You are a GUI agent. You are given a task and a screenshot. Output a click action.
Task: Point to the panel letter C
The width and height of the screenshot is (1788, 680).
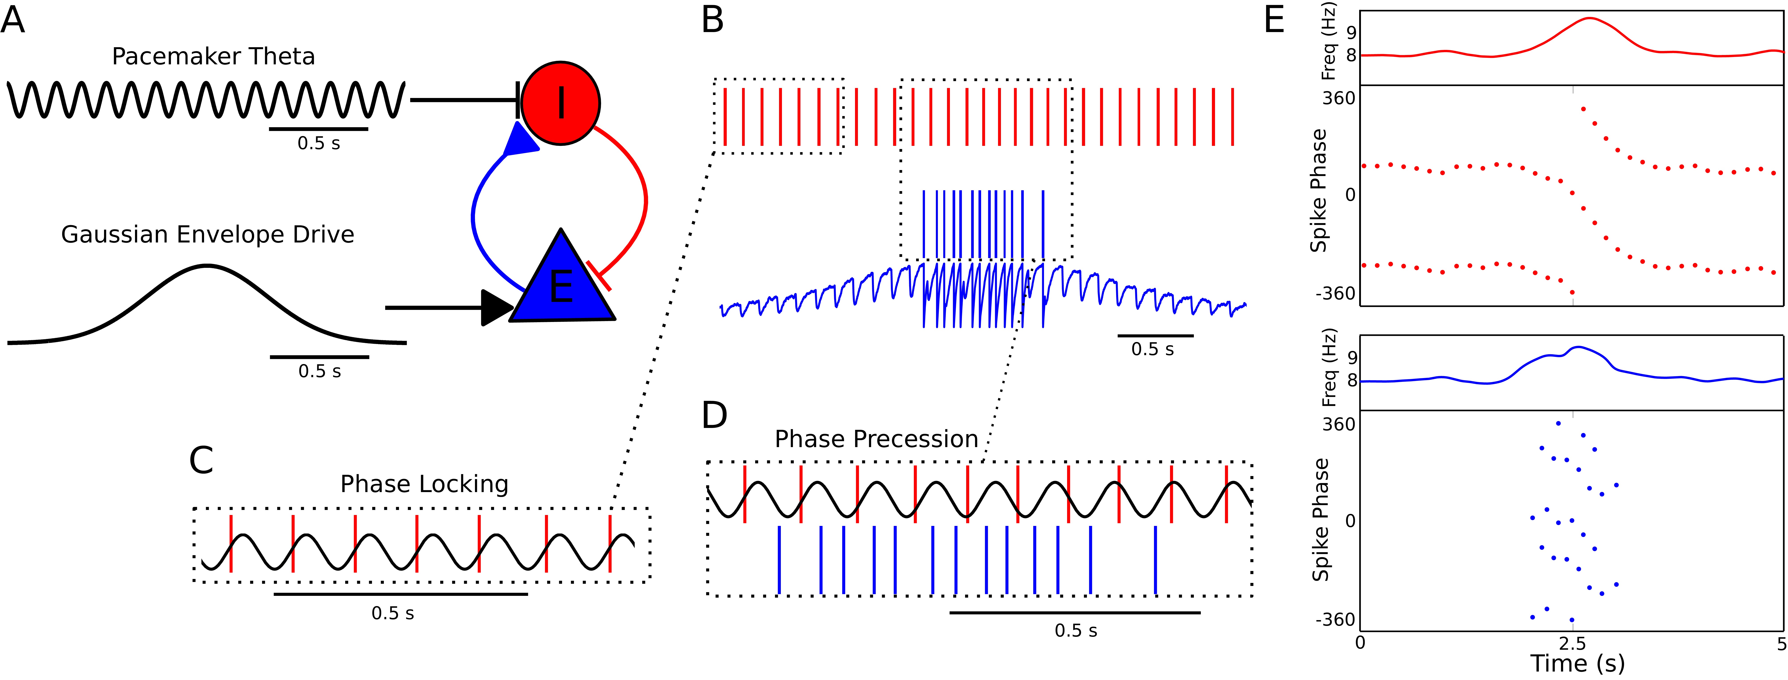tap(201, 460)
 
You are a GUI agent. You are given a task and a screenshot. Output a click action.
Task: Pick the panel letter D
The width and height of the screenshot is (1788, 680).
tap(715, 415)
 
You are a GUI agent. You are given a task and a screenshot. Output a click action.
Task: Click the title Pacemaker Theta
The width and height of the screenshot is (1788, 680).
tap(213, 56)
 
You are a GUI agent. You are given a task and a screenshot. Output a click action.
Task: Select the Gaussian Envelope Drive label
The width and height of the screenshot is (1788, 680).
tap(208, 234)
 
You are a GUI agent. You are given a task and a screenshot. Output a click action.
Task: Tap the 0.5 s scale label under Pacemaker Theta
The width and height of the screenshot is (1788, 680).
tap(319, 144)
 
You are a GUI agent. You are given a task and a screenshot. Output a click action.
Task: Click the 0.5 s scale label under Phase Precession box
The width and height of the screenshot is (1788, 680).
tap(1076, 631)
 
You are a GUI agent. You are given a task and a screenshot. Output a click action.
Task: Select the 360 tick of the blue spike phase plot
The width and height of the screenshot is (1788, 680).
tap(1339, 424)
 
